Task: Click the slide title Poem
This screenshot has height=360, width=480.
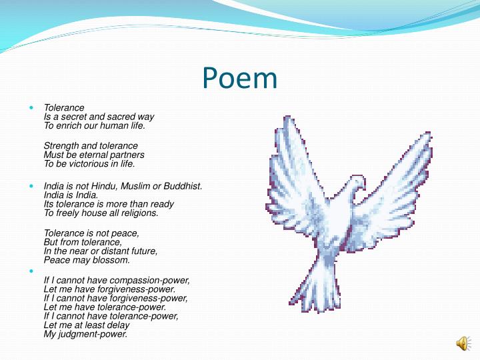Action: (239, 78)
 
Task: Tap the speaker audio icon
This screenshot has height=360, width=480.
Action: (462, 343)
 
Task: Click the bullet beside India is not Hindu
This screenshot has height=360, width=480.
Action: (32, 186)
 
